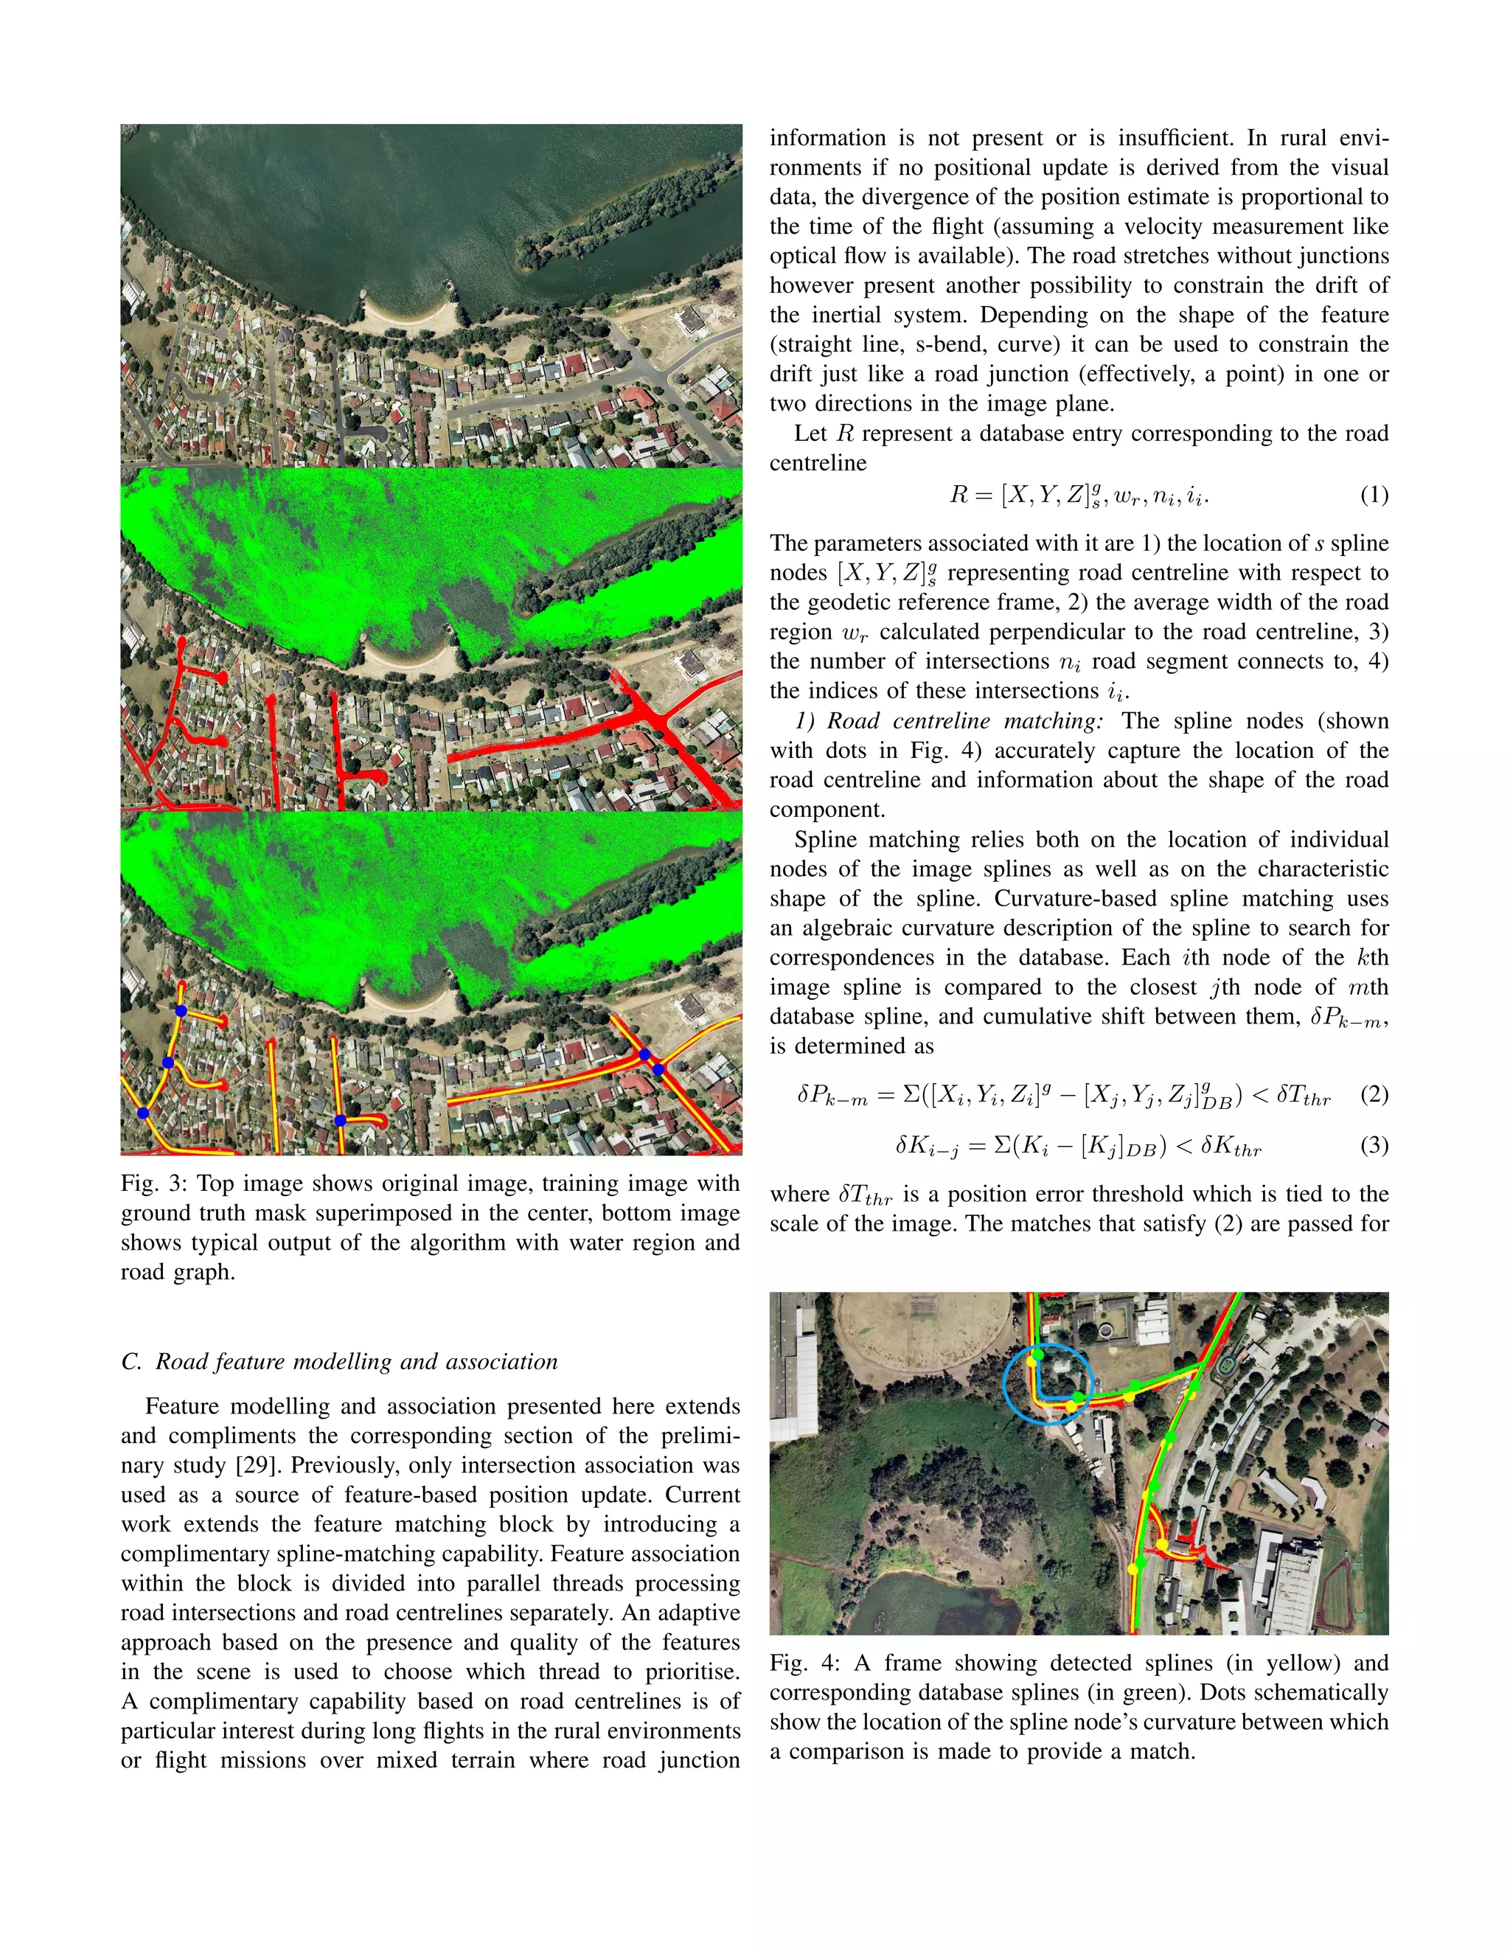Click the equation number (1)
pos(1374,495)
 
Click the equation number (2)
pos(1374,1094)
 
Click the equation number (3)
pos(1374,1145)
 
